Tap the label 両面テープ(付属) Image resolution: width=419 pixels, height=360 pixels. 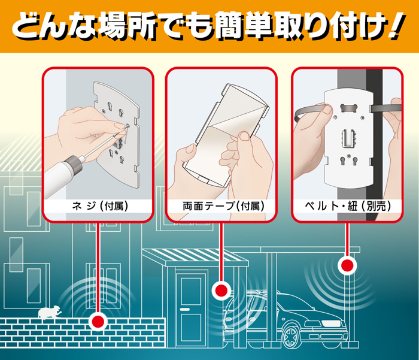pyautogui.click(x=223, y=206)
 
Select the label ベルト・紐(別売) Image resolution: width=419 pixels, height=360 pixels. pyautogui.click(x=348, y=206)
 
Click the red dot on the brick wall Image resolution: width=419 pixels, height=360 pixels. pyautogui.click(x=98, y=322)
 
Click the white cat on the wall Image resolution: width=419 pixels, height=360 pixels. pyautogui.click(x=48, y=312)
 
